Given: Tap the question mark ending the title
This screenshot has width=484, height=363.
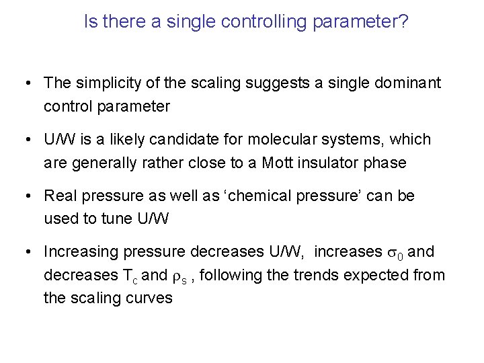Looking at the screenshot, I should (403, 22).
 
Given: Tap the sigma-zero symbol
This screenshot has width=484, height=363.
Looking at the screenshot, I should (396, 253).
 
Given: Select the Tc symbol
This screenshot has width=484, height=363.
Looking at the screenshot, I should (130, 276).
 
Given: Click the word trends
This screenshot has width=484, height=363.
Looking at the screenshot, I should (318, 275).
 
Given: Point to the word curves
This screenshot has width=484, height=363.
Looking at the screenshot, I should (151, 298).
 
